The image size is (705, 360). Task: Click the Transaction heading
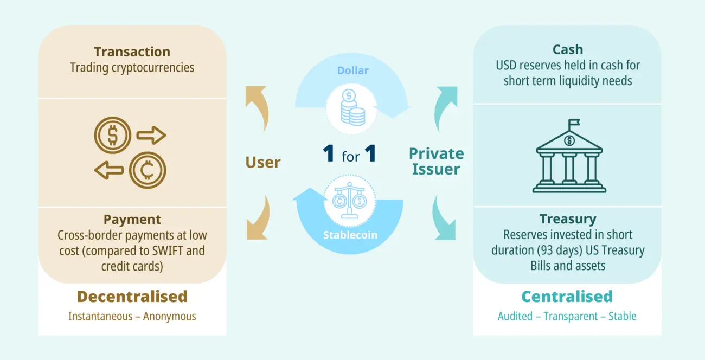(132, 52)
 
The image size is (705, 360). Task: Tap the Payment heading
(132, 220)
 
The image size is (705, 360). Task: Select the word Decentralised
(132, 297)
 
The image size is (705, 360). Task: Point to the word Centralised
(567, 297)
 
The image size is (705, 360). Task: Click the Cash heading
(567, 49)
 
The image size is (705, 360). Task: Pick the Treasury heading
(567, 219)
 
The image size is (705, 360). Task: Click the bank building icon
(569, 160)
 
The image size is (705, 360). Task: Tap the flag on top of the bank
(574, 124)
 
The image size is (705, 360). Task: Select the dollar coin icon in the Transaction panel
(112, 135)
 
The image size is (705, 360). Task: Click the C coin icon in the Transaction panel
(147, 170)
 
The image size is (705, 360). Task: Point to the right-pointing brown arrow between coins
(151, 135)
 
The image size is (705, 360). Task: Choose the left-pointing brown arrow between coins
(108, 171)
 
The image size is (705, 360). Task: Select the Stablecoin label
(349, 235)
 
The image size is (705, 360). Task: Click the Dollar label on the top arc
(352, 71)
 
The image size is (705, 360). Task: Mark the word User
(263, 162)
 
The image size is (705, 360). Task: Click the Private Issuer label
(436, 161)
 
